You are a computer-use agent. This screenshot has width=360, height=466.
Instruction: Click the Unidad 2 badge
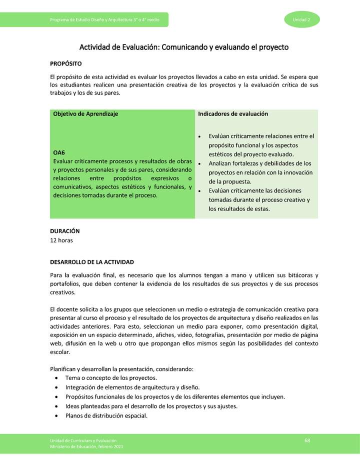(301, 19)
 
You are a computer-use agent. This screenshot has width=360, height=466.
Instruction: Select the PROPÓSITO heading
(65, 64)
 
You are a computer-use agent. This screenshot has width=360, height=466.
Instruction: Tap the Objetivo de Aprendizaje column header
(85, 114)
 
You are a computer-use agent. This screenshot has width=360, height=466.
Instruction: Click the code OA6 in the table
(59, 152)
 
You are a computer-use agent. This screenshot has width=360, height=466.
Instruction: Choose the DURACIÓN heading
(65, 231)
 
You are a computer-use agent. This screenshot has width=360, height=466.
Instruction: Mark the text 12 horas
(61, 240)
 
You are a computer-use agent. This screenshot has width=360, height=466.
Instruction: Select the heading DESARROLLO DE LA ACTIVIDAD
(92, 262)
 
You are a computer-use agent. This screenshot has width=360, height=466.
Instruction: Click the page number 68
(307, 440)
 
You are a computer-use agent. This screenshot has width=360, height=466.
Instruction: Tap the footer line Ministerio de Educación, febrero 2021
(86, 446)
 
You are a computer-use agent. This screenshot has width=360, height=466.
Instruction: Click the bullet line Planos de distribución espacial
(106, 415)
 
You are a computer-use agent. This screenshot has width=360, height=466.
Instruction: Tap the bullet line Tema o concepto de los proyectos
(111, 378)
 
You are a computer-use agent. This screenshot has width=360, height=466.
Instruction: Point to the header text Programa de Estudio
(69, 19)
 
